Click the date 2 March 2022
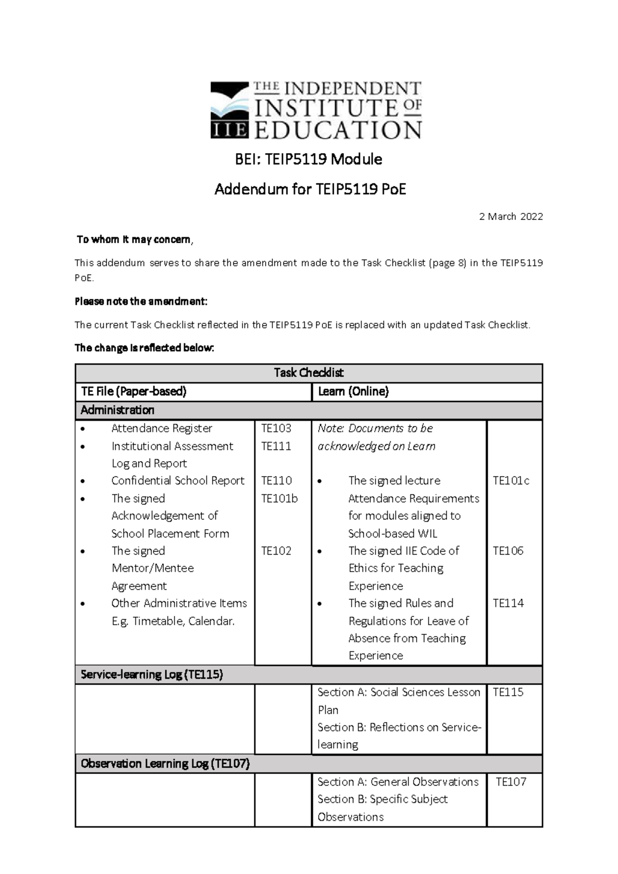pos(511,216)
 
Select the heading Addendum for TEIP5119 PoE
pos(310,190)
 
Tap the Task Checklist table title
pos(308,373)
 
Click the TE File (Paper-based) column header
pos(133,392)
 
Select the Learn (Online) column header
pos(353,392)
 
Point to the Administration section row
pos(117,410)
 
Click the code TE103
pos(276,428)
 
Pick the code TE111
pos(276,446)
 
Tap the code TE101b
pos(279,498)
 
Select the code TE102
pos(276,551)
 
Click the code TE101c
pos(511,481)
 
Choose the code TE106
pos(508,551)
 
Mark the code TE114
pos(508,603)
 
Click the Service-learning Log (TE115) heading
pos(151,675)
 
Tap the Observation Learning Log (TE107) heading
pos(165,764)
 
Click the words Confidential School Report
pos(178,481)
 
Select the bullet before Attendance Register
pos(82,429)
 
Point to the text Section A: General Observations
pos(398,782)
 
